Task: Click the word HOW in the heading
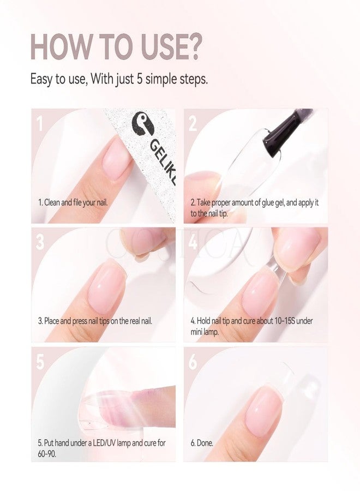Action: coord(59,47)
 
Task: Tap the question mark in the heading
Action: coord(191,47)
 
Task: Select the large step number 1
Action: coord(40,123)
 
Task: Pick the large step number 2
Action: coord(193,123)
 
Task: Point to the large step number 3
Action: coord(40,242)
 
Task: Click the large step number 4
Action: coord(193,242)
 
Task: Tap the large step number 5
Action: coord(40,362)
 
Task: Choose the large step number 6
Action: coord(193,362)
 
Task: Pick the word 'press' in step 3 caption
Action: coord(80,321)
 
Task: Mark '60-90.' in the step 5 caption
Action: coord(47,454)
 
